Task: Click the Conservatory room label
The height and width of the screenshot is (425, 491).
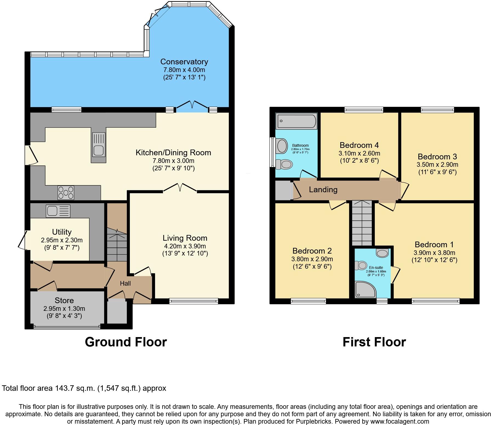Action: tap(184, 62)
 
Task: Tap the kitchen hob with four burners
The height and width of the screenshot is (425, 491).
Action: tap(66, 193)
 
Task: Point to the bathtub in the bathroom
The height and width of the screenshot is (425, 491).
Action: tap(296, 121)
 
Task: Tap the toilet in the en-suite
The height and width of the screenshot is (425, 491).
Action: tap(361, 265)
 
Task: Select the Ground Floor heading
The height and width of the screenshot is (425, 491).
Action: tap(126, 342)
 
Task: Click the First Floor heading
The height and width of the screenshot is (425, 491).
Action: tap(374, 342)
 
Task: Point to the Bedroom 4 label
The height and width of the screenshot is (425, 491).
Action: tap(359, 145)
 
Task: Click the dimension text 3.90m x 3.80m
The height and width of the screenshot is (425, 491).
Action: tap(434, 253)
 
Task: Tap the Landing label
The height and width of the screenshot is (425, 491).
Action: tap(323, 189)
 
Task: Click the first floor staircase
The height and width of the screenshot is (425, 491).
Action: tap(362, 223)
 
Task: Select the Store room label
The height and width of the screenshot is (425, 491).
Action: tap(64, 300)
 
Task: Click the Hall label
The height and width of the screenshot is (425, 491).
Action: tap(125, 283)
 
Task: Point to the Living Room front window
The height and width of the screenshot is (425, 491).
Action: tap(194, 301)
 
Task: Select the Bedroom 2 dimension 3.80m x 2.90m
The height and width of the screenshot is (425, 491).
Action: tap(312, 259)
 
